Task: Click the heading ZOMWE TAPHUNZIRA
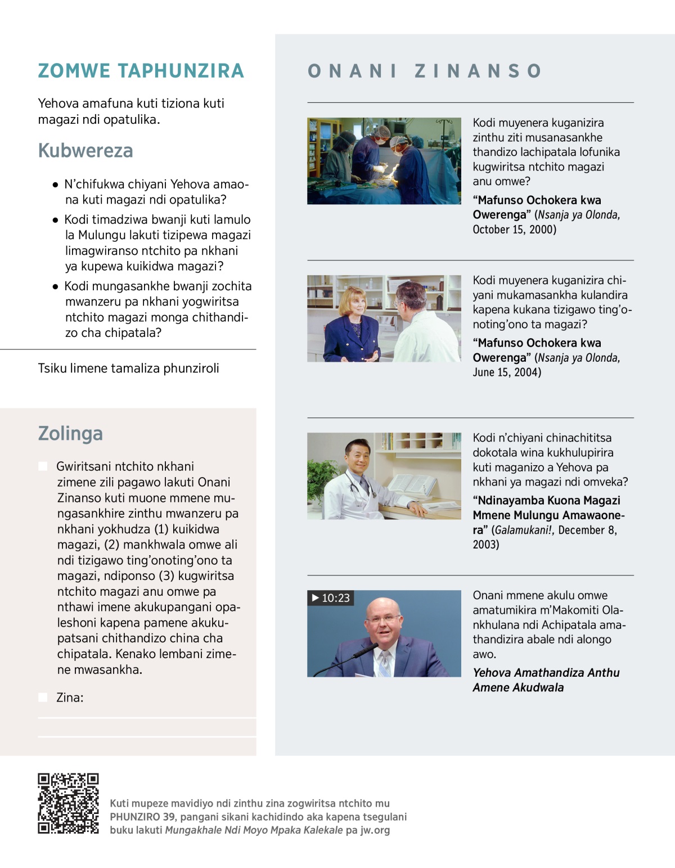(x=141, y=71)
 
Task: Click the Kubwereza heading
(x=85, y=151)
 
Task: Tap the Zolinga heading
(x=70, y=434)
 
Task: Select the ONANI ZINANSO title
(x=425, y=71)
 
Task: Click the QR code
(x=68, y=803)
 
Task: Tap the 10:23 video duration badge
(x=331, y=598)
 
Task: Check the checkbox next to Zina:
(x=43, y=698)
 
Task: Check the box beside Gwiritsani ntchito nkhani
(x=43, y=466)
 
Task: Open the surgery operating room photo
(x=384, y=161)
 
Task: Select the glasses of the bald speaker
(x=384, y=619)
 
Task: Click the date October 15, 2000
(x=514, y=230)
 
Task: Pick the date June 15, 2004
(x=506, y=372)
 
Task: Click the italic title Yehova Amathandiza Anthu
(x=546, y=673)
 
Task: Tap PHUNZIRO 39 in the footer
(x=142, y=817)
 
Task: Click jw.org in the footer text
(x=375, y=830)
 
